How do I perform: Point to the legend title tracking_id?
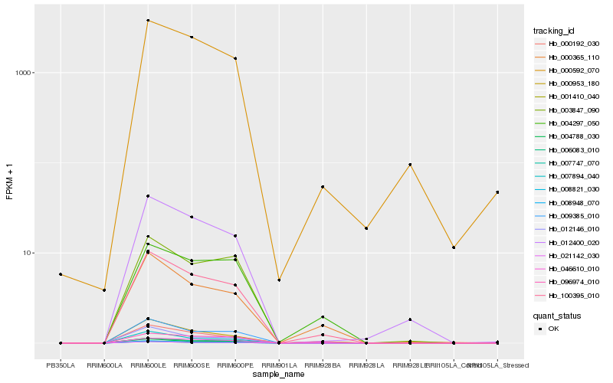coord(554,31)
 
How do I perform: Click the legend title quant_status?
coord(557,316)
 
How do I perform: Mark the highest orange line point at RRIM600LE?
coord(147,21)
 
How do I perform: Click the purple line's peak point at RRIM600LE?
coord(147,196)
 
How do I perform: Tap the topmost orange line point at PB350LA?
coord(61,274)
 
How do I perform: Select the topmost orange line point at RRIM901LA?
coord(279,280)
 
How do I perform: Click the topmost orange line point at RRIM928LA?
coord(366,228)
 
